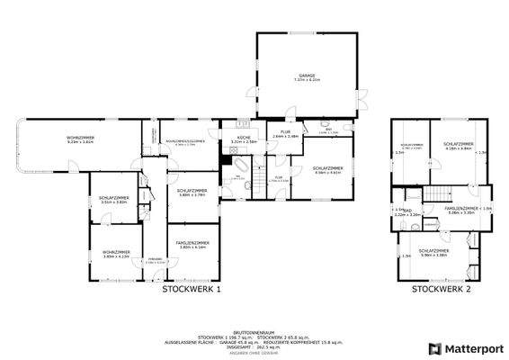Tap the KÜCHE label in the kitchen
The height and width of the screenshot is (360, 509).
(244, 139)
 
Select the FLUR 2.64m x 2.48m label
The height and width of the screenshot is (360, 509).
(285, 135)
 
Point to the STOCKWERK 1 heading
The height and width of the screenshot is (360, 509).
(192, 289)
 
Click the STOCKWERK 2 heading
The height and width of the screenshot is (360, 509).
(442, 289)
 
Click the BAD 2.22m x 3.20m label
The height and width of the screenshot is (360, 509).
(407, 213)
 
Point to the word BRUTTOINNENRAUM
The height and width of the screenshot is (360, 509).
(254, 330)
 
